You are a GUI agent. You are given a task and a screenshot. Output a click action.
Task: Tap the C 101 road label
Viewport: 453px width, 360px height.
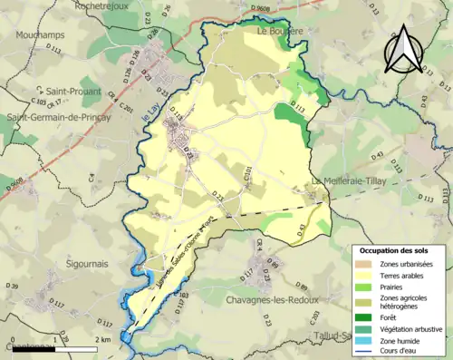(x=246, y=176)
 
